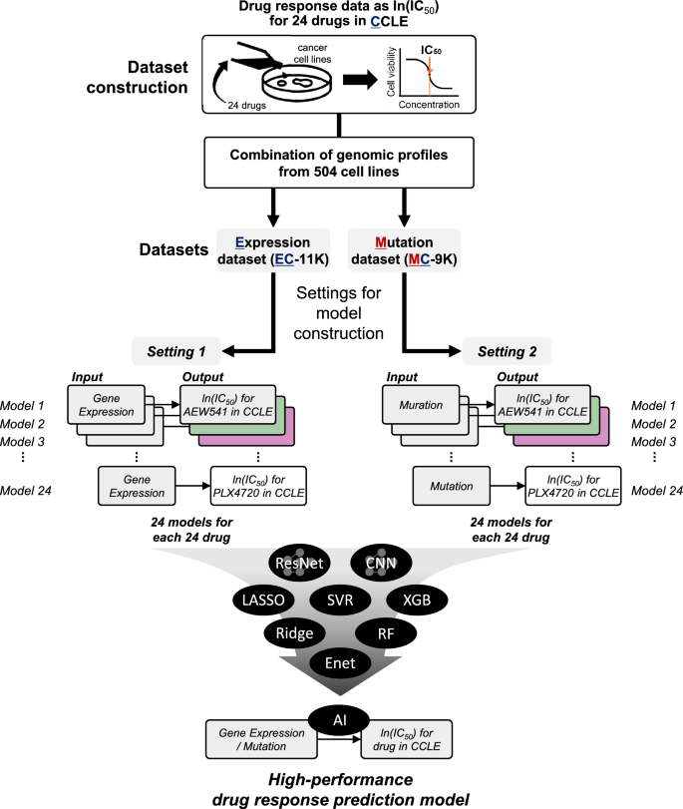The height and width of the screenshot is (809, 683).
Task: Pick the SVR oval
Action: pos(341,600)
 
